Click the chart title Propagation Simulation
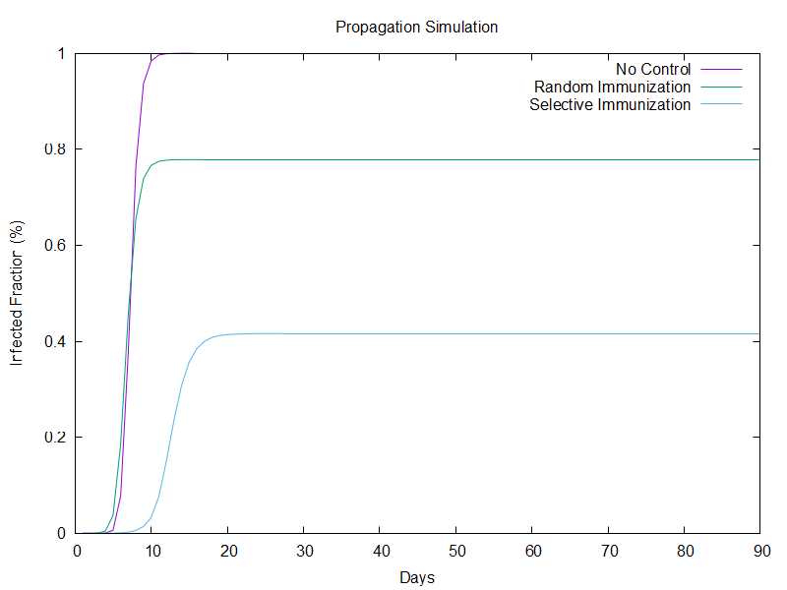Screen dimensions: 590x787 416,27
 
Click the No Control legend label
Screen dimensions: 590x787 653,70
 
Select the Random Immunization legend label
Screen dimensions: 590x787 612,88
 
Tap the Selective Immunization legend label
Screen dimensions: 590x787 610,105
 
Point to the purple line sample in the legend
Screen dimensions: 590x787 720,70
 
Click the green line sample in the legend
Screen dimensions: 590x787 720,88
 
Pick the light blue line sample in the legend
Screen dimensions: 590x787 720,105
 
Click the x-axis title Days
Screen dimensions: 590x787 417,577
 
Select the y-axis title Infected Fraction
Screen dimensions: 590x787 17,293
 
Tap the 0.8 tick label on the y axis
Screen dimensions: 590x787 54,149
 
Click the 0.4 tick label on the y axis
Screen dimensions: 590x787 54,341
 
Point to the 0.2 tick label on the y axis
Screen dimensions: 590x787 54,438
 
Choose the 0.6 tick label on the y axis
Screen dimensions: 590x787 54,246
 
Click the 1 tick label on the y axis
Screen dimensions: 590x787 61,53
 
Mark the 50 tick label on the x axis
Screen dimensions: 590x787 455,551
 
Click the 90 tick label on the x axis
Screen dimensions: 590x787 759,551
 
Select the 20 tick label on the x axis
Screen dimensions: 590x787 228,551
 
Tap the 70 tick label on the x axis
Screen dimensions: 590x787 608,551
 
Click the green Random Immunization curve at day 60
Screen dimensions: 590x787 532,159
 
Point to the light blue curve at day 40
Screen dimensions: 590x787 380,333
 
